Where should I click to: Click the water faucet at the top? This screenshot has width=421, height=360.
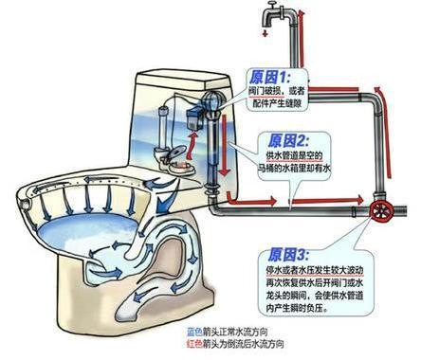click(x=274, y=20)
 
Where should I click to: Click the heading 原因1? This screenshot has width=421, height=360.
click(x=272, y=74)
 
